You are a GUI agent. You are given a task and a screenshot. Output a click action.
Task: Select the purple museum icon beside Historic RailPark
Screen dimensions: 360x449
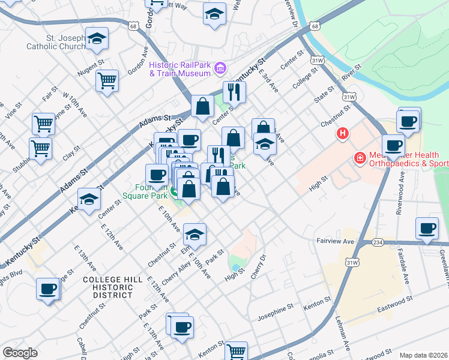coord(220,70)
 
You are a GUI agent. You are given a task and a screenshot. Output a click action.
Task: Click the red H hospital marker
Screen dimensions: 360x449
coord(342,133)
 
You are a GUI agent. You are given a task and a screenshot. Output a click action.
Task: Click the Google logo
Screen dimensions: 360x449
coord(20,353)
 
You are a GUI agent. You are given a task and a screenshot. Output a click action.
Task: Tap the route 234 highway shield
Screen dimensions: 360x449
coord(377,242)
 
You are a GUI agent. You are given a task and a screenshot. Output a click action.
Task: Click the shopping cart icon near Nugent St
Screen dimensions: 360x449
coord(107,80)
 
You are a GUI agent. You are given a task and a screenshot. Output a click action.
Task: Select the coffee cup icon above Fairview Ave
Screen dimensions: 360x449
coord(427,228)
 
